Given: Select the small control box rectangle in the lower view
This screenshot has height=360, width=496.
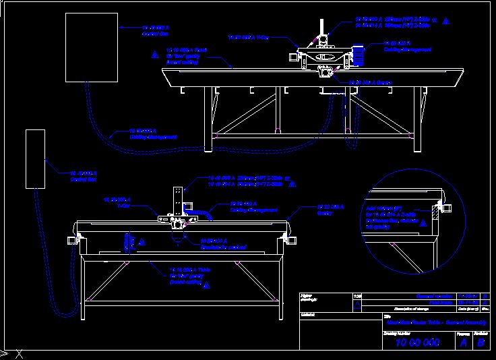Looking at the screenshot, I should [x=34, y=158].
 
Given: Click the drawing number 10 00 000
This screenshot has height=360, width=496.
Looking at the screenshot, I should [x=417, y=343].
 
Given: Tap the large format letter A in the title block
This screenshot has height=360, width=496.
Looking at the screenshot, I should [x=462, y=343].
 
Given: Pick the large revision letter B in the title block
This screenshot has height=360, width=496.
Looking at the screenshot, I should [x=481, y=343].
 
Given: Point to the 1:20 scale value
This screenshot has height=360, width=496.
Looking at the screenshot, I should [x=357, y=296].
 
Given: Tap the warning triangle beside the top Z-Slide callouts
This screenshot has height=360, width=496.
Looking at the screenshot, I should [x=445, y=22].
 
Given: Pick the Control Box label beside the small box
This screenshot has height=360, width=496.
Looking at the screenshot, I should [x=82, y=176].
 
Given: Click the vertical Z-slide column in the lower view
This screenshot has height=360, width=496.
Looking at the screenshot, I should [x=178, y=201].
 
